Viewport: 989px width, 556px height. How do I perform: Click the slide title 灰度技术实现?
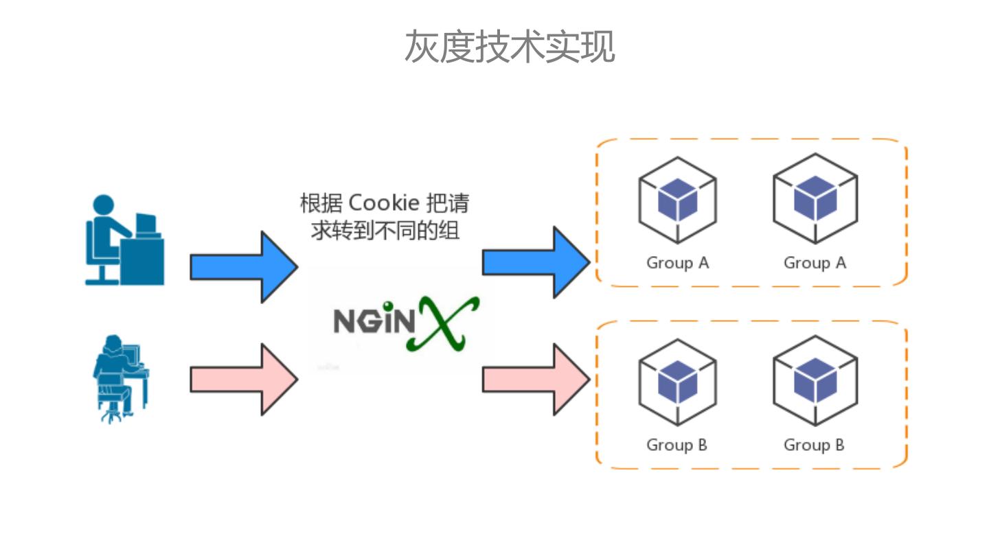[510, 47]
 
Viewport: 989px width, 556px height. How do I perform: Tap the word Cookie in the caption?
[384, 203]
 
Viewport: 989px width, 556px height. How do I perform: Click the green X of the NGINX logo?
[443, 324]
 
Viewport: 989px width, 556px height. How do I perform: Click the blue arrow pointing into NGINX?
[245, 267]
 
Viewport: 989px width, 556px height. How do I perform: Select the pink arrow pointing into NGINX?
[245, 380]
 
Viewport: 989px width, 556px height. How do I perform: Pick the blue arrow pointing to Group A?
[536, 262]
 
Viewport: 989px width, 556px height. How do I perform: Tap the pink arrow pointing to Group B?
[536, 380]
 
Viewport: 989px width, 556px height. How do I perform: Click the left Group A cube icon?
[677, 200]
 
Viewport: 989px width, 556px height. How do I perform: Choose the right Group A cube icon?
[815, 198]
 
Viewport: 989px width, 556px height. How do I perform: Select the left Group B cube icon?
[677, 382]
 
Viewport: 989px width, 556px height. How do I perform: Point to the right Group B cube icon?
[815, 381]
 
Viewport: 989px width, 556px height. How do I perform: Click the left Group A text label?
[678, 263]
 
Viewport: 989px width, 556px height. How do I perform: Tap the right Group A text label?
[815, 263]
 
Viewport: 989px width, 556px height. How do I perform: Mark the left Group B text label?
[677, 445]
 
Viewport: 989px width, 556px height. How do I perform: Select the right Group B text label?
[814, 445]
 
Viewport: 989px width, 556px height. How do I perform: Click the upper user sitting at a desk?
[124, 240]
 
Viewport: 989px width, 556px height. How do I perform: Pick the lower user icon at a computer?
[121, 379]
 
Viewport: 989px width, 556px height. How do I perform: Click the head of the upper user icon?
[104, 205]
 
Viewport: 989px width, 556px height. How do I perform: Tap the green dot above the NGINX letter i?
[388, 306]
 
